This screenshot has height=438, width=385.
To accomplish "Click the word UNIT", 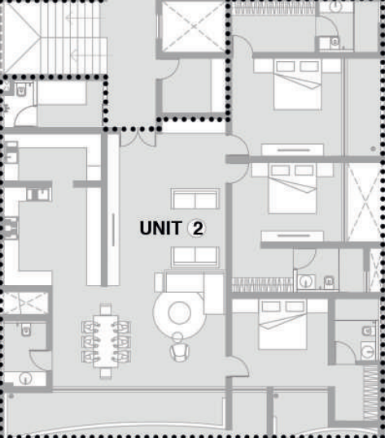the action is (x=161, y=228).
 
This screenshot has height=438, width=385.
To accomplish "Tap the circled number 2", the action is (x=198, y=228).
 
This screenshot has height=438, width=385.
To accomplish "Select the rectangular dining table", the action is (x=106, y=341).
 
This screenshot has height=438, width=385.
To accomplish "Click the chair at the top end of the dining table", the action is (x=106, y=309).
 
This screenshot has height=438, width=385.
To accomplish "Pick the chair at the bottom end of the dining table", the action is (x=106, y=373).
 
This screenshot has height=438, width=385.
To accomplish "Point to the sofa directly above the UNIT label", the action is (x=195, y=199).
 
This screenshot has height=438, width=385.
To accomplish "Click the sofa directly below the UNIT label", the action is (x=195, y=257).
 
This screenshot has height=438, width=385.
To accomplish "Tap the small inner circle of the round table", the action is (x=179, y=313).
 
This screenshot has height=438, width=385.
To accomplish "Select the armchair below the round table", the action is (x=179, y=347).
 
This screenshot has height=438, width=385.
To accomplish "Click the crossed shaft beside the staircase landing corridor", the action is (x=194, y=27).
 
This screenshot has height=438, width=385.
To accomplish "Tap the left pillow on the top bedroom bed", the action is (x=285, y=67).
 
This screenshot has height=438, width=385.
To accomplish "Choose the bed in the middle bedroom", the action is (x=292, y=189).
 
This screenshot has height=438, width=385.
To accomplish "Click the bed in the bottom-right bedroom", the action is (x=282, y=325).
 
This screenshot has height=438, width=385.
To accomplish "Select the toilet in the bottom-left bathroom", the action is (x=26, y=330).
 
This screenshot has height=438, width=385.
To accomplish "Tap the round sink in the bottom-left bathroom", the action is (x=26, y=379).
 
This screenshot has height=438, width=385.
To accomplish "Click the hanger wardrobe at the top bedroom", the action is (x=274, y=8).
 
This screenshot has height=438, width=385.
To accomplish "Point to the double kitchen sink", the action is (x=39, y=194).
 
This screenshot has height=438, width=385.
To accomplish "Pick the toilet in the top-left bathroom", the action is (x=21, y=90).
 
